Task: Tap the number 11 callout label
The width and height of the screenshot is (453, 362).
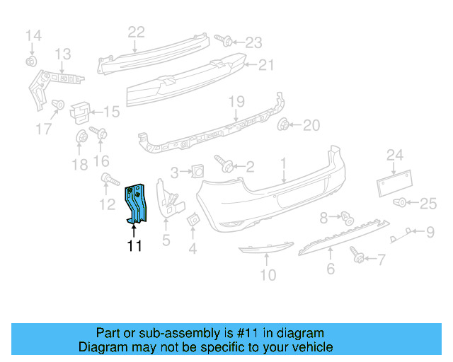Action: click(134, 247)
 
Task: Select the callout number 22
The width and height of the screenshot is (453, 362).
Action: click(136, 31)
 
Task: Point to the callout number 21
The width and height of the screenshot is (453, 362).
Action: click(265, 65)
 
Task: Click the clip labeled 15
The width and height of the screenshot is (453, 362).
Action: click(81, 110)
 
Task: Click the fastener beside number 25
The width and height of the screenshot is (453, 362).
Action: click(401, 204)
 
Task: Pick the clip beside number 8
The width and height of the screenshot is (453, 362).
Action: click(347, 217)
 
